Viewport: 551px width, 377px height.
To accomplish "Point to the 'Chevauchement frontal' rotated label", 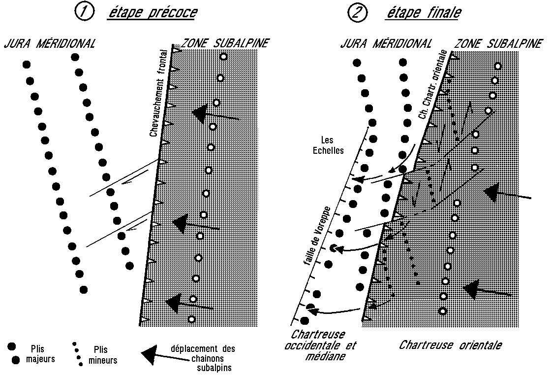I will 159,94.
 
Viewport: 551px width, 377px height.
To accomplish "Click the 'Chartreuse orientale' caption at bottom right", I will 450,345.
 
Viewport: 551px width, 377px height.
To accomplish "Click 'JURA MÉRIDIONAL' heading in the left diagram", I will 49,44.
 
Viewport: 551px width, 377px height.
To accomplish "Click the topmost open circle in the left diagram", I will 223,57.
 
